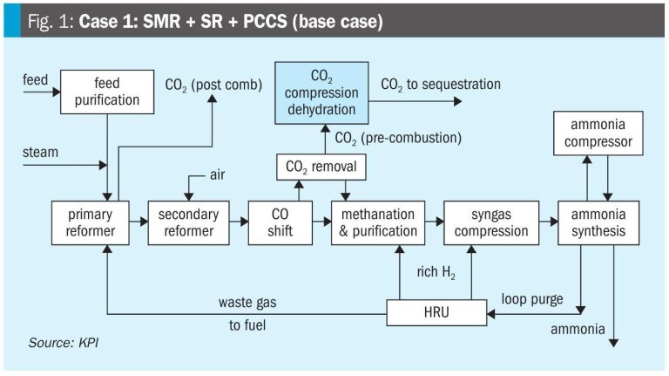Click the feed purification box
(107, 92)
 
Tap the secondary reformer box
(184, 222)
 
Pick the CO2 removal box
(321, 164)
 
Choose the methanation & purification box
(377, 222)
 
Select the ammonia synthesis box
(592, 222)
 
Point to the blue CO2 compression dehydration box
(321, 92)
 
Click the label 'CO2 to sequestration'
(441, 85)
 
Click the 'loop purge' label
(532, 299)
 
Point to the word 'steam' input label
(42, 152)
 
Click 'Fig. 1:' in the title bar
(49, 21)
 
